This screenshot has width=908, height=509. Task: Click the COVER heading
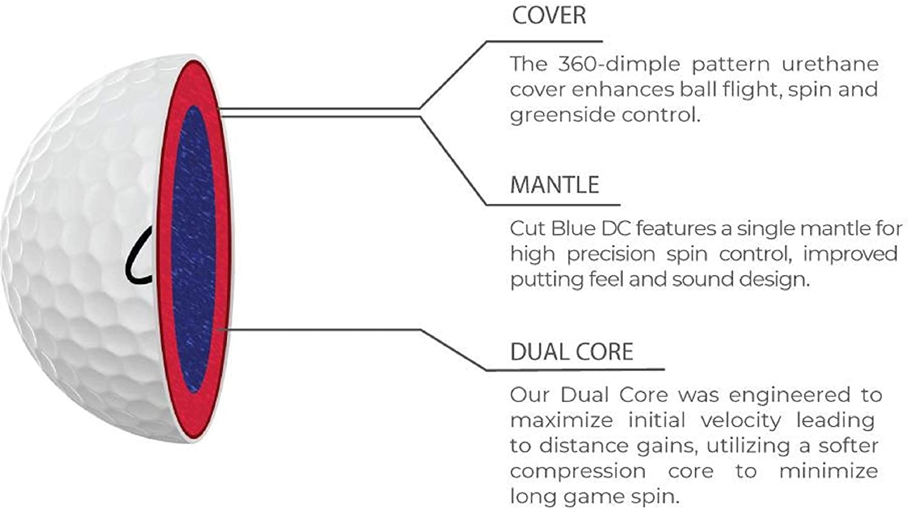(x=549, y=16)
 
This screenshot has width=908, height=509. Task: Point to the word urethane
(x=829, y=64)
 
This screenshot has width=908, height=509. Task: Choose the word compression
(x=577, y=471)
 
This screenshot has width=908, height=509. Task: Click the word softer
(x=848, y=446)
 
